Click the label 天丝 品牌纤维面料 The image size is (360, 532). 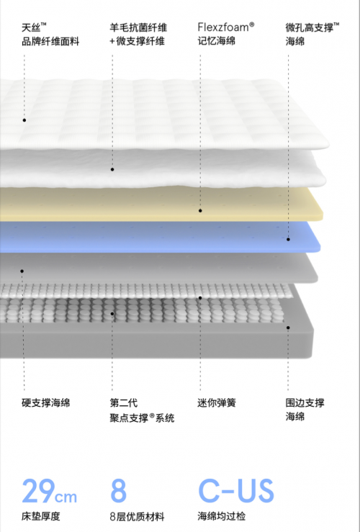click(50, 35)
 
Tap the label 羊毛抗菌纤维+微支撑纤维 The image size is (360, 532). click(138, 35)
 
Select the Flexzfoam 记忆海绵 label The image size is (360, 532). click(226, 34)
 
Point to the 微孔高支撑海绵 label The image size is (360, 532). click(312, 34)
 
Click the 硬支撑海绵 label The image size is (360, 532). click(46, 402)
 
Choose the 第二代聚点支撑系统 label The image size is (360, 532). click(142, 410)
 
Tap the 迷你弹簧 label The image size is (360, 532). click(217, 402)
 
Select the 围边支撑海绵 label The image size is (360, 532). click(305, 410)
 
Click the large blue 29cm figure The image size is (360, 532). click(49, 491)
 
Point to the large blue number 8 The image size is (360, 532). click(118, 491)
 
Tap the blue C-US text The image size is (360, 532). click(236, 491)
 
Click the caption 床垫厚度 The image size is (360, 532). click(41, 516)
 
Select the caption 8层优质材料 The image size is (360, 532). click(137, 516)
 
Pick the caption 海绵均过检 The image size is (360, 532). click(222, 516)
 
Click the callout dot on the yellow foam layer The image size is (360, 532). click(200, 211)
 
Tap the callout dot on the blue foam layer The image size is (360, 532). click(288, 239)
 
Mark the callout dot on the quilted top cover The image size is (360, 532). click(24, 120)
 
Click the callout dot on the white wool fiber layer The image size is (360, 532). click(112, 169)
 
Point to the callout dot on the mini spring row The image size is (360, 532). click(200, 298)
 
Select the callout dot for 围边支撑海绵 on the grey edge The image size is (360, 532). click(288, 328)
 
